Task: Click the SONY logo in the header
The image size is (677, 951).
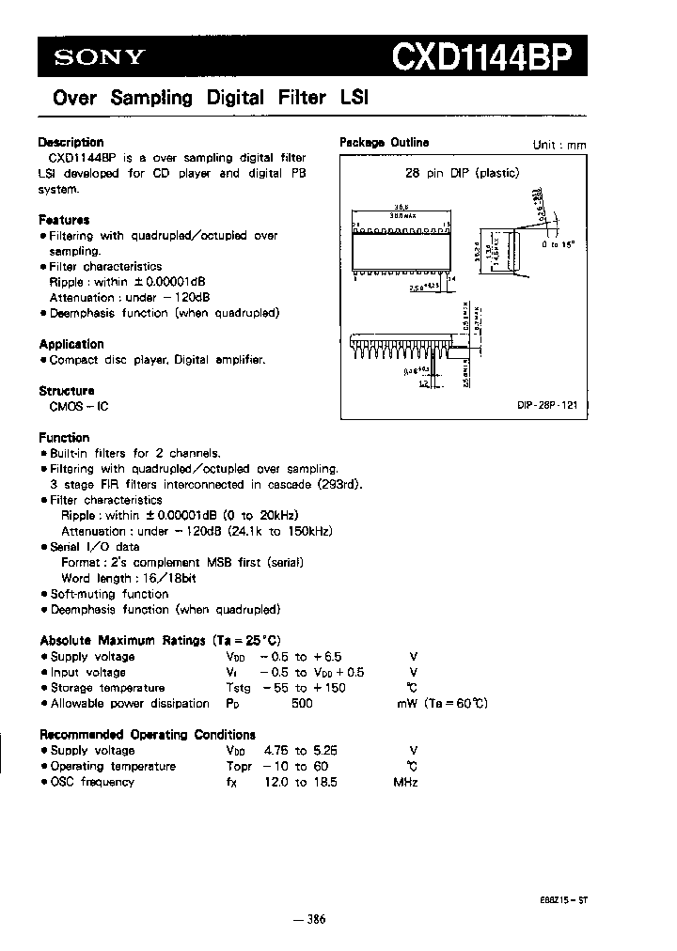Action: [x=98, y=58]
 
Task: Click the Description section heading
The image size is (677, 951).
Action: [x=71, y=143]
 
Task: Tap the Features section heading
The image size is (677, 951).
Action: [x=64, y=220]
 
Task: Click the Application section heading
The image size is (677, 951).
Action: [x=71, y=344]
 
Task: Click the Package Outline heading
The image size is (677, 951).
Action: [x=384, y=143]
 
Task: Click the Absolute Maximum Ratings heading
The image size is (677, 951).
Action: [x=159, y=640]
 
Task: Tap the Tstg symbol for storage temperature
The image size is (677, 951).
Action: [x=239, y=688]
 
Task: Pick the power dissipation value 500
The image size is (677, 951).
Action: [x=302, y=703]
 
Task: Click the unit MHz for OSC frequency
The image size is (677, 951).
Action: [x=405, y=781]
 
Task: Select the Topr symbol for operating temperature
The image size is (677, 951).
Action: [x=240, y=766]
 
